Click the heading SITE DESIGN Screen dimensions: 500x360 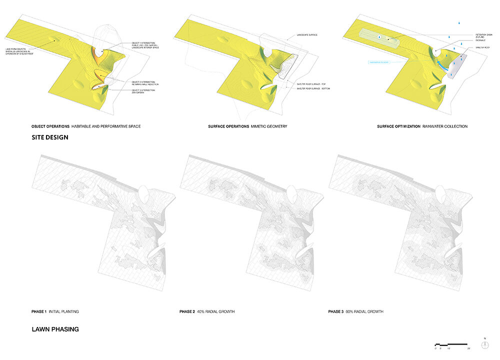pos(50,136)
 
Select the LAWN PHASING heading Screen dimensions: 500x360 pos(55,329)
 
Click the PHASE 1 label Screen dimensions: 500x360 pos(39,311)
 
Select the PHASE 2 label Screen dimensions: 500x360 pos(187,311)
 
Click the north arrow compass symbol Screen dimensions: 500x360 pos(485,344)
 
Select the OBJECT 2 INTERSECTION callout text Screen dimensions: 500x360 pos(145,83)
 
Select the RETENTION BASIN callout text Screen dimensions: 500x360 pos(483,36)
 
